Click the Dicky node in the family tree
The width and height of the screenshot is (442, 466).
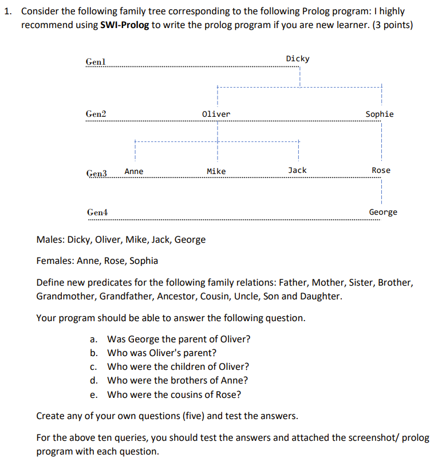tap(298, 58)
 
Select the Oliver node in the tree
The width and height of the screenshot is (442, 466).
tap(216, 114)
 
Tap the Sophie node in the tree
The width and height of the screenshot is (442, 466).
tap(380, 114)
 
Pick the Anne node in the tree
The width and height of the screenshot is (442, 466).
tap(134, 171)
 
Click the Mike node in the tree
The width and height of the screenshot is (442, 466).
tap(216, 171)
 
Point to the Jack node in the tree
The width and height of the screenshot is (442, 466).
tap(297, 170)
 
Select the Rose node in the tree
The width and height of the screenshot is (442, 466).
tap(381, 170)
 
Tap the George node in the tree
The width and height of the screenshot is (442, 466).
tap(383, 212)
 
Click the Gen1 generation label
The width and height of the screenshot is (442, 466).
tap(95, 62)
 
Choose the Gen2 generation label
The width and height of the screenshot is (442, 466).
tap(96, 114)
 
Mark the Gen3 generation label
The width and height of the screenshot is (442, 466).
tap(96, 172)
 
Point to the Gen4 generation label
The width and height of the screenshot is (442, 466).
tap(97, 212)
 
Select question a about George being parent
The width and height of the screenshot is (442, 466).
tap(178, 339)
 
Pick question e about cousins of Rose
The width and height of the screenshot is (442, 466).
tap(173, 394)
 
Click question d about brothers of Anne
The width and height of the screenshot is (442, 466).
tap(177, 381)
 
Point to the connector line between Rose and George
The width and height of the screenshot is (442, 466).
tap(381, 191)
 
